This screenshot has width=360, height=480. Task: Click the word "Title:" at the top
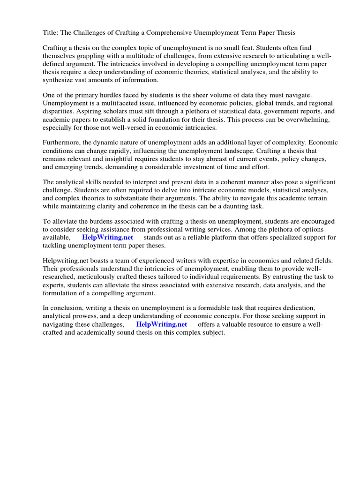click(x=52, y=33)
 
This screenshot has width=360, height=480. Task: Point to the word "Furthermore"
click(x=64, y=143)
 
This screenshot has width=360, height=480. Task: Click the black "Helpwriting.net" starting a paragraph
click(x=66, y=261)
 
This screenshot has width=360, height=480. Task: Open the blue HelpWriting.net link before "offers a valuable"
click(x=161, y=324)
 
